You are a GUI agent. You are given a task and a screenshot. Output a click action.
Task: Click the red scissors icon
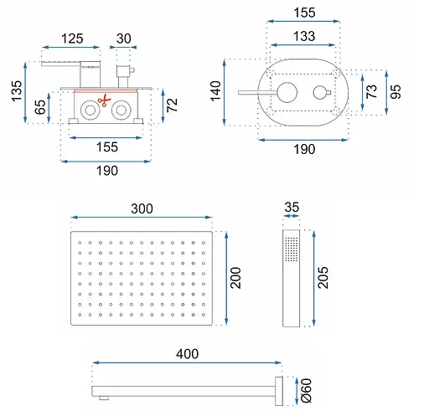coord(105,100)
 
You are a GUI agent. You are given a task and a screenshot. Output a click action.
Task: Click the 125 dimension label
coord(72,39)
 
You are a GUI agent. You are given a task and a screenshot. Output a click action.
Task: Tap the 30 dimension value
coord(124,39)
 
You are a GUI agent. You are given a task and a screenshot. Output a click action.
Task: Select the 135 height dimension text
coord(17,91)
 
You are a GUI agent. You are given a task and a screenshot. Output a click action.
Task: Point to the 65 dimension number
coord(40,107)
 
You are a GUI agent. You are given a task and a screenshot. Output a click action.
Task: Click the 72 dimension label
coord(172,105)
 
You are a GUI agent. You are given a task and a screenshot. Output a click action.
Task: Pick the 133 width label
coord(304,36)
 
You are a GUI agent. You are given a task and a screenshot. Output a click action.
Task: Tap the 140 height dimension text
coord(215,91)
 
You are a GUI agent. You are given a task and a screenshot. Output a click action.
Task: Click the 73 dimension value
coord(371,91)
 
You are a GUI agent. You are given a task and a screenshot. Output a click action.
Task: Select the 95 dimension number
coord(395,92)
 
